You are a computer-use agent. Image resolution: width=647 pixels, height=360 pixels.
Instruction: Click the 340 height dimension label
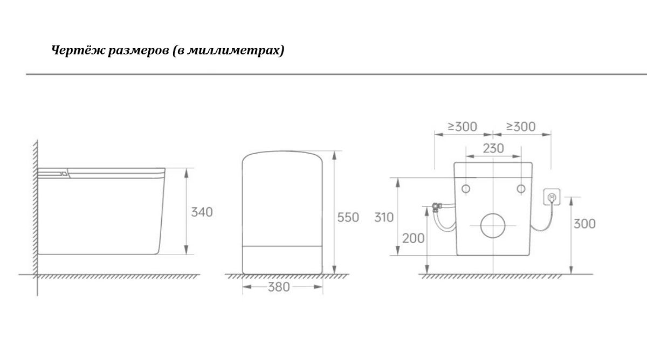[x=202, y=212]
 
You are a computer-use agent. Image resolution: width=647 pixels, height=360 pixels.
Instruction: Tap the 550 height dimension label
[x=348, y=218]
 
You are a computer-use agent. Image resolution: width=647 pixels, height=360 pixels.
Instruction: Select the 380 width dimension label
[x=279, y=287]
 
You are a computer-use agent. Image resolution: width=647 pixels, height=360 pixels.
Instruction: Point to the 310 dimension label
[x=384, y=218]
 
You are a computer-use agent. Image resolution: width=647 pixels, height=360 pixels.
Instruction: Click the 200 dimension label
[x=413, y=238]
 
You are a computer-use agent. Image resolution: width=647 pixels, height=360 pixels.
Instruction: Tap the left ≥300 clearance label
[x=462, y=127]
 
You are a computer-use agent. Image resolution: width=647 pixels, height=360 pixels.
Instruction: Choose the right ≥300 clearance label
[x=521, y=127]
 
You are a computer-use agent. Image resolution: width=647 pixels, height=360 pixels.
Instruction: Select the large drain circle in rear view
[x=493, y=225]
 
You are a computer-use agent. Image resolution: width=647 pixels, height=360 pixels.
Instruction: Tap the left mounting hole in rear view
[x=466, y=189]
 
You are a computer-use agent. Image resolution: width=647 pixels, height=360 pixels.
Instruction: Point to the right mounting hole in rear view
[x=521, y=189]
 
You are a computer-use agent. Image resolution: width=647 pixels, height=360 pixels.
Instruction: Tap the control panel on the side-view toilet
[x=54, y=173]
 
